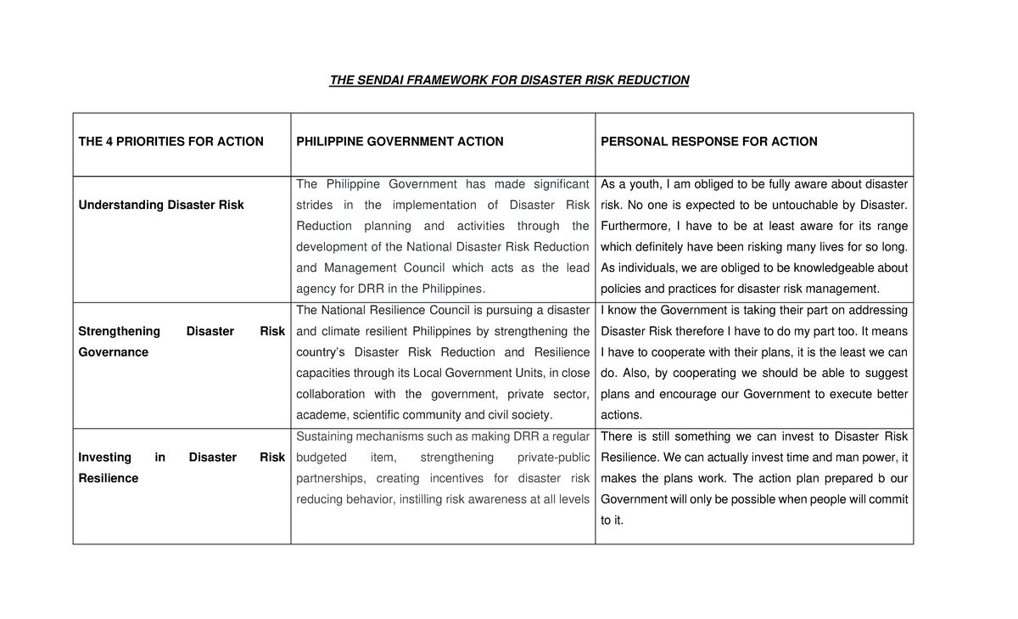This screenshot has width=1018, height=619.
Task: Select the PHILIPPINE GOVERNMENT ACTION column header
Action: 400,142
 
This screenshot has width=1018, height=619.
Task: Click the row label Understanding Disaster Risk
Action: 161,205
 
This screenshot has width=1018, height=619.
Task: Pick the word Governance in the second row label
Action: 113,352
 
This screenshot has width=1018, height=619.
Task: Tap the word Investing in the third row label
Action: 104,458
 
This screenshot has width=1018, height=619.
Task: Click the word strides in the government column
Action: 315,205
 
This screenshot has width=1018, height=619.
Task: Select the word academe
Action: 320,415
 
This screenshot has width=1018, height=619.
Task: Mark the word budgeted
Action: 322,458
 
